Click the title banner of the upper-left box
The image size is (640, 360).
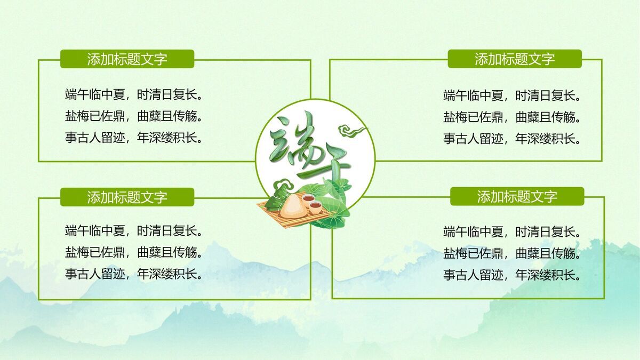[127, 59]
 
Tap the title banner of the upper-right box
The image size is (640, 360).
[515, 59]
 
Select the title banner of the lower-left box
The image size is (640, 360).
[127, 197]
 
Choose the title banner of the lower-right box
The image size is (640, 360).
[517, 196]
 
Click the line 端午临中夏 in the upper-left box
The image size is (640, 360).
[133, 95]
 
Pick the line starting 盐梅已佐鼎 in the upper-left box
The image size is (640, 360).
[133, 117]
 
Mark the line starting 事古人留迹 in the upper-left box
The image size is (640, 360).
[133, 138]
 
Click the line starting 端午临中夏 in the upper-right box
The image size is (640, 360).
[511, 96]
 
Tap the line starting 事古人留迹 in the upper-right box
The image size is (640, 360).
[511, 139]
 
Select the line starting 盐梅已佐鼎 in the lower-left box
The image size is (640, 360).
[133, 253]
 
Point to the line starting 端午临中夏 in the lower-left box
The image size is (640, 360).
[133, 231]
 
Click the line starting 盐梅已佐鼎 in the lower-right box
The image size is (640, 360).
[511, 253]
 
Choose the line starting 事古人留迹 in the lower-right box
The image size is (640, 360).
[511, 275]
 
